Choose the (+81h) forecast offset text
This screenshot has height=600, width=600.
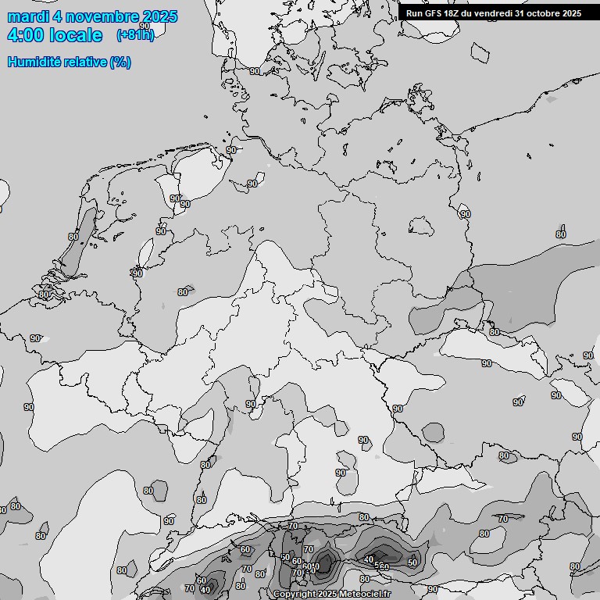134,35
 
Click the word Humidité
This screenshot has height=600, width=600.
32,62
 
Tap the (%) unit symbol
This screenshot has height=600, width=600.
120,62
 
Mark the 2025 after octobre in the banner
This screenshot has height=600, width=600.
572,13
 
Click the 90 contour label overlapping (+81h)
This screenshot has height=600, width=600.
144,27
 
